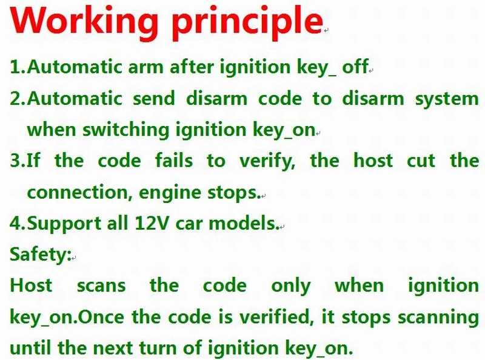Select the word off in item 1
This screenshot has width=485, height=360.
[355, 67]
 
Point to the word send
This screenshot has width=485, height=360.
[154, 99]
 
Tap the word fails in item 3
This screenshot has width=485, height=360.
[174, 161]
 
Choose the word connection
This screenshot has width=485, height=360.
[78, 192]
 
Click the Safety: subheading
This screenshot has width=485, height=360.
[41, 255]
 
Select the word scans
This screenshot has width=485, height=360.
[101, 285]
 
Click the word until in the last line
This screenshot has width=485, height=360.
[30, 348]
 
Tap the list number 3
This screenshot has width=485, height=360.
[15, 161]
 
